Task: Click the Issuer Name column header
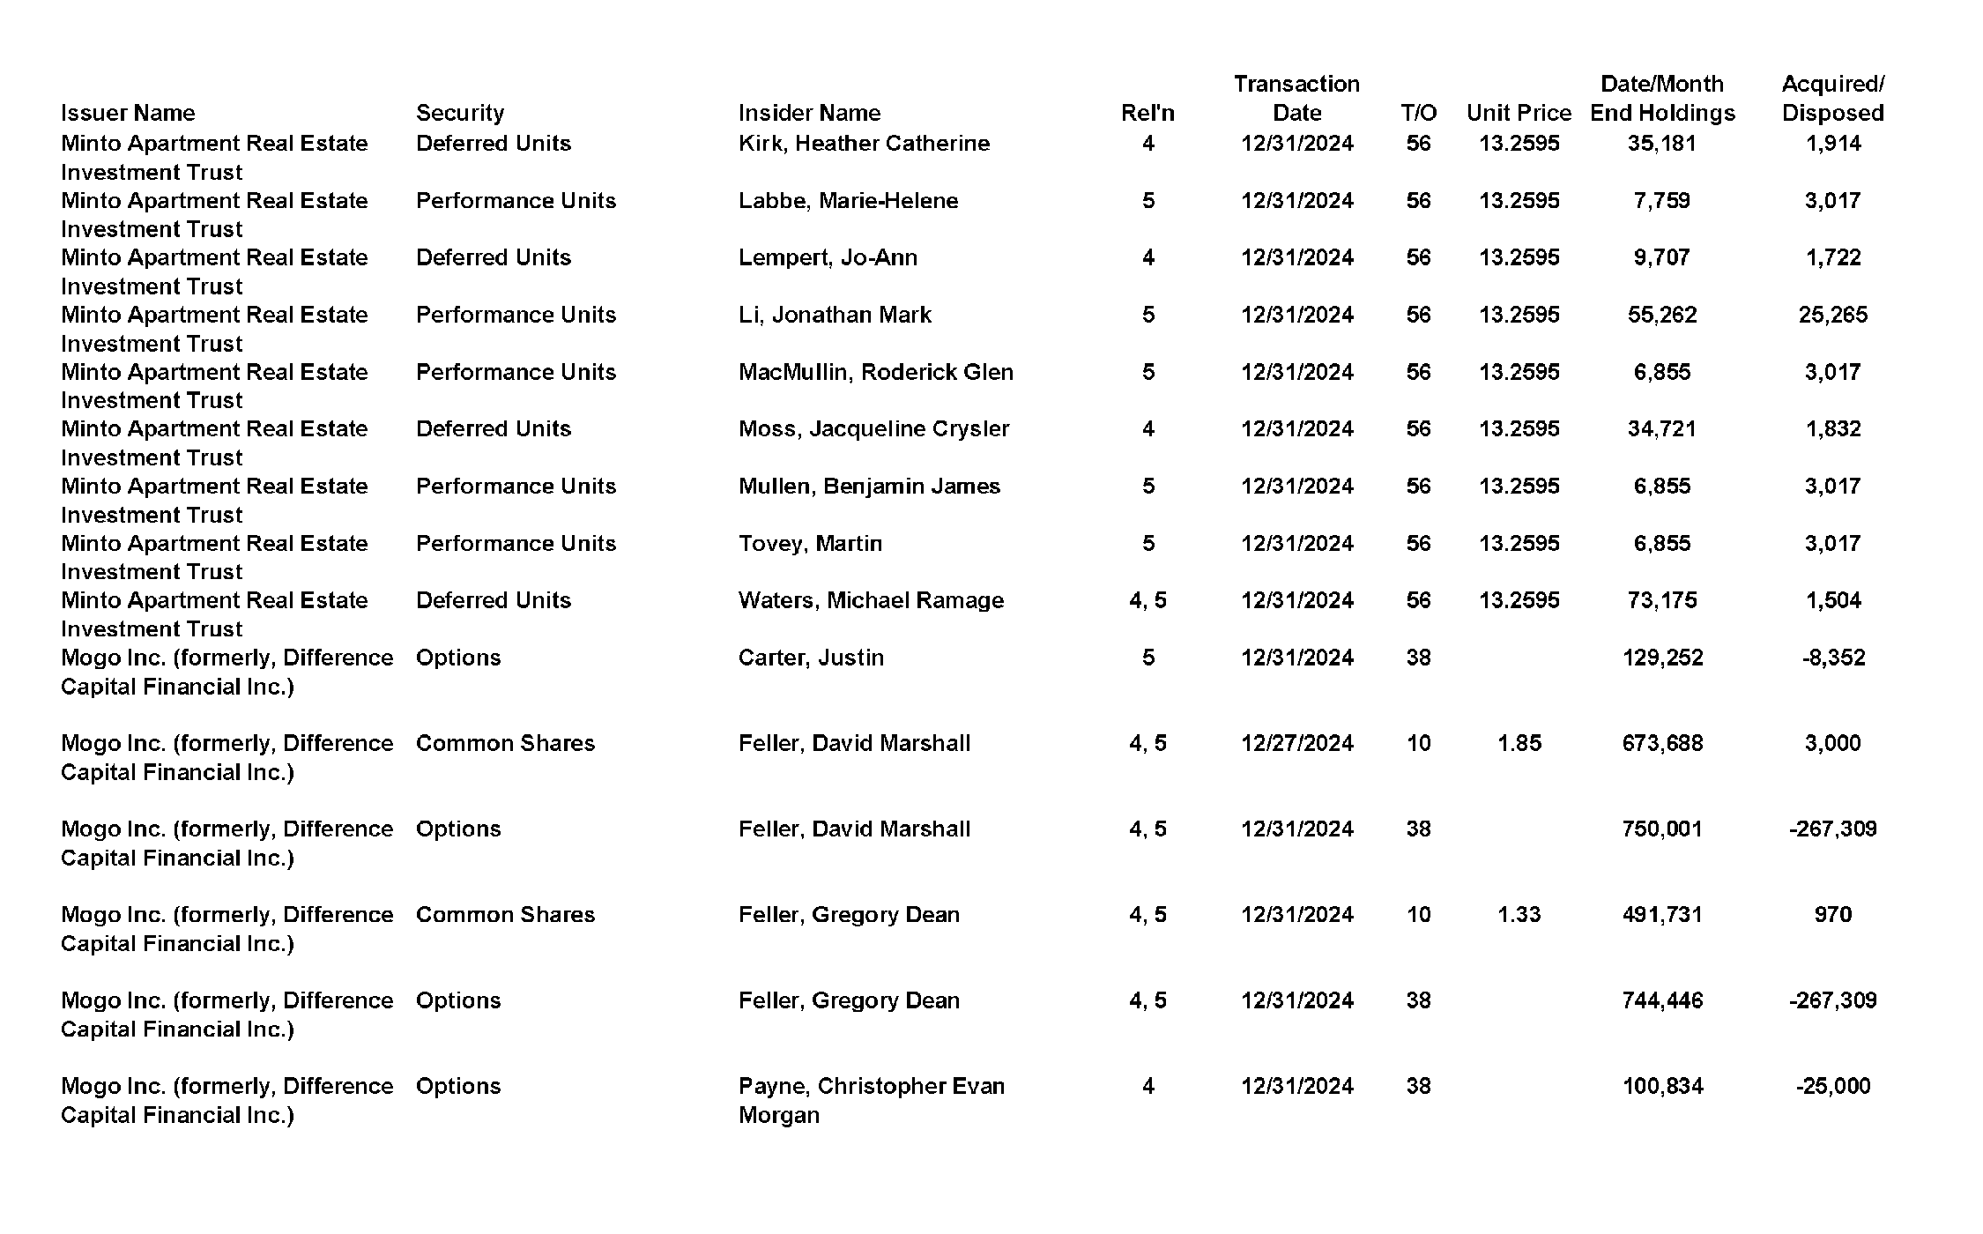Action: (x=128, y=113)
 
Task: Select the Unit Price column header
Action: (x=1519, y=113)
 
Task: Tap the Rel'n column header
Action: (x=1147, y=113)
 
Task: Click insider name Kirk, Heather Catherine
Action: (x=864, y=143)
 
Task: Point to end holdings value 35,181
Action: (x=1661, y=143)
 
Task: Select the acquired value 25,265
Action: (x=1832, y=315)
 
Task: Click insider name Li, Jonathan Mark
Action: (x=835, y=315)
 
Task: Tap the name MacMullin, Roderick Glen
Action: (x=875, y=372)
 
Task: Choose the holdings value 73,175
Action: (x=1661, y=600)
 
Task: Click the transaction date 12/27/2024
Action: (x=1296, y=743)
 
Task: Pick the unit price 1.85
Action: (x=1519, y=743)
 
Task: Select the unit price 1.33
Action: (x=1519, y=914)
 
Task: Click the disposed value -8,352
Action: (x=1832, y=658)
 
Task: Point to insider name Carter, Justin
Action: (x=811, y=658)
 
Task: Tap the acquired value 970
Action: (x=1832, y=914)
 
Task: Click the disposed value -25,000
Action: (x=1832, y=1086)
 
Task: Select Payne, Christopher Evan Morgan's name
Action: (x=871, y=1100)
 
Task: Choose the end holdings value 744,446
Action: (x=1661, y=1000)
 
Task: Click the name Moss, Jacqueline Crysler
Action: (x=873, y=428)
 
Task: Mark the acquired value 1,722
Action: (x=1832, y=257)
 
